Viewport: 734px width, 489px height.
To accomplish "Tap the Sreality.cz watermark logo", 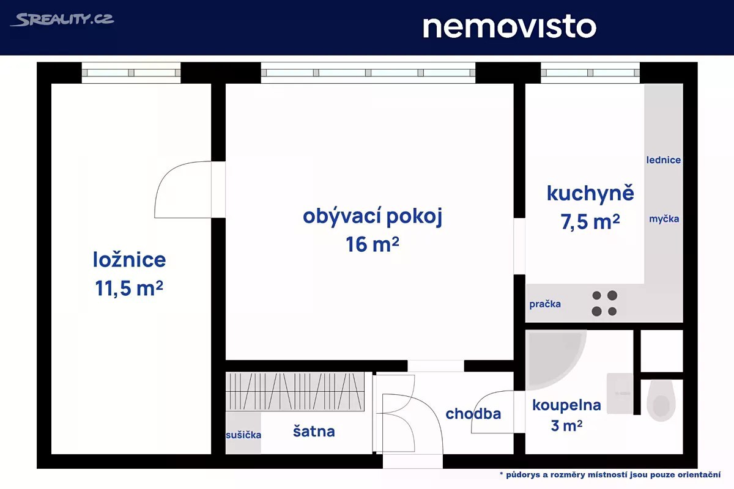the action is [x=62, y=20].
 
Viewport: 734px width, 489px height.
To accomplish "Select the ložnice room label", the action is [x=130, y=260].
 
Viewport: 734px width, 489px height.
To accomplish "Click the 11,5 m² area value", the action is [x=129, y=289].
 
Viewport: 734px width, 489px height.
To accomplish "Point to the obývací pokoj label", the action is [x=373, y=217].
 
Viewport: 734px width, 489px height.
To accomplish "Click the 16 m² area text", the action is [x=373, y=244].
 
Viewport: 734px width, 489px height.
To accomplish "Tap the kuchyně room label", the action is [x=590, y=193].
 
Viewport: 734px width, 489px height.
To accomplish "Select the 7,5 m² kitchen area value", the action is [x=590, y=222].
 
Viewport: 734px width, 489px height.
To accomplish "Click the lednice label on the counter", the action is [x=664, y=160].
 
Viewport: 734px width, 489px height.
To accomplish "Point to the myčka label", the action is [x=664, y=219].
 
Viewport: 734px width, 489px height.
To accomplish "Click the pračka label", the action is [x=545, y=304].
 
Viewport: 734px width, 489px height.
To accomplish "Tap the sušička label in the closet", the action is [x=243, y=435].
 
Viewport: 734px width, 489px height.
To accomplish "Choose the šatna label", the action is [x=314, y=432].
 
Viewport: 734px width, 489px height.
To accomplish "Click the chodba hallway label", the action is [x=473, y=414].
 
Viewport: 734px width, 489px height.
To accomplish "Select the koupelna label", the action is [x=566, y=405].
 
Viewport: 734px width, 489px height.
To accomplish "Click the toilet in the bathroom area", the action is [x=661, y=401].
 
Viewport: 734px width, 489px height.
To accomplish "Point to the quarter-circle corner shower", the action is [x=556, y=359].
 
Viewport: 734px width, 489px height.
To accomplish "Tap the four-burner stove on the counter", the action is [x=604, y=303].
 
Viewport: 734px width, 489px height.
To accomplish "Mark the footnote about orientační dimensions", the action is [x=610, y=474].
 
